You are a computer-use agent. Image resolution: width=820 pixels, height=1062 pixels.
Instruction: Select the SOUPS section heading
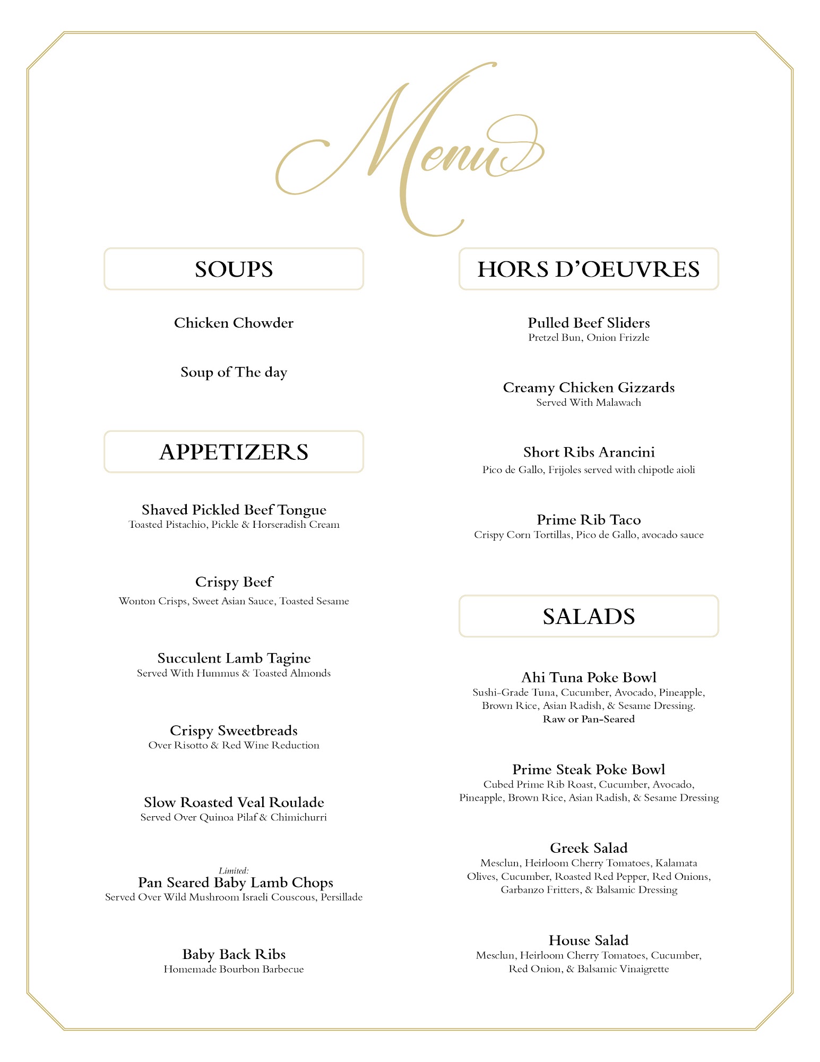point(234,269)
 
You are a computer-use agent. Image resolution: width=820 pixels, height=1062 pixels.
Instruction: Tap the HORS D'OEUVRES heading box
point(588,269)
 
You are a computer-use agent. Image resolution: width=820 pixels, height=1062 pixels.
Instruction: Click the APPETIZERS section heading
point(234,452)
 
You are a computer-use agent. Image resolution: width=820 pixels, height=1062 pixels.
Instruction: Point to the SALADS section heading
point(588,616)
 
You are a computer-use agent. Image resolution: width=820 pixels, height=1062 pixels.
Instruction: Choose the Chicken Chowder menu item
point(234,323)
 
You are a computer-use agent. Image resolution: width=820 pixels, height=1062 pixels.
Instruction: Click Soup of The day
point(234,372)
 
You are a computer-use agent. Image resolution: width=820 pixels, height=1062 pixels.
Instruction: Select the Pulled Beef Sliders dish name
point(588,323)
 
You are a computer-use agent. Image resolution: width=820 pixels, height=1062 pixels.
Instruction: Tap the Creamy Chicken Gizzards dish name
point(588,388)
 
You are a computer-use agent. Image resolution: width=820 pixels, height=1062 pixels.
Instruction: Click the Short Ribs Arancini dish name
point(588,452)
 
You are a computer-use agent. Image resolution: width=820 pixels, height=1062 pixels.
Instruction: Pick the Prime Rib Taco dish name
point(588,520)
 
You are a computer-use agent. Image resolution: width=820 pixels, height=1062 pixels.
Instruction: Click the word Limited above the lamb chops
point(234,871)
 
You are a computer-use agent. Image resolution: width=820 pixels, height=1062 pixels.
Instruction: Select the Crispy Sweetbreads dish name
point(234,731)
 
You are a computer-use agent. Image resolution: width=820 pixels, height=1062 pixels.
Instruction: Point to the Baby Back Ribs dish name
point(234,954)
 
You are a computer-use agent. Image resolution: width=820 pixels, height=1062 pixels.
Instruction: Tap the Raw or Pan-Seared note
point(588,719)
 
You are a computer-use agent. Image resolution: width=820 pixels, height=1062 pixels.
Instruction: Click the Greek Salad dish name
point(588,848)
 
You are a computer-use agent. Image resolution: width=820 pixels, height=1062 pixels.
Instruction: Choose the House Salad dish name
point(588,940)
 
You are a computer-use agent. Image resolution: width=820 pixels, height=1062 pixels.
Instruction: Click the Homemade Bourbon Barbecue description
point(234,969)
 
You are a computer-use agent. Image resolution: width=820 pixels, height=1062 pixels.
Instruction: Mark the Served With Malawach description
point(588,402)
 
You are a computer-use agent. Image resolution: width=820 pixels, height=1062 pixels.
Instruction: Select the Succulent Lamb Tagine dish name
point(234,658)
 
